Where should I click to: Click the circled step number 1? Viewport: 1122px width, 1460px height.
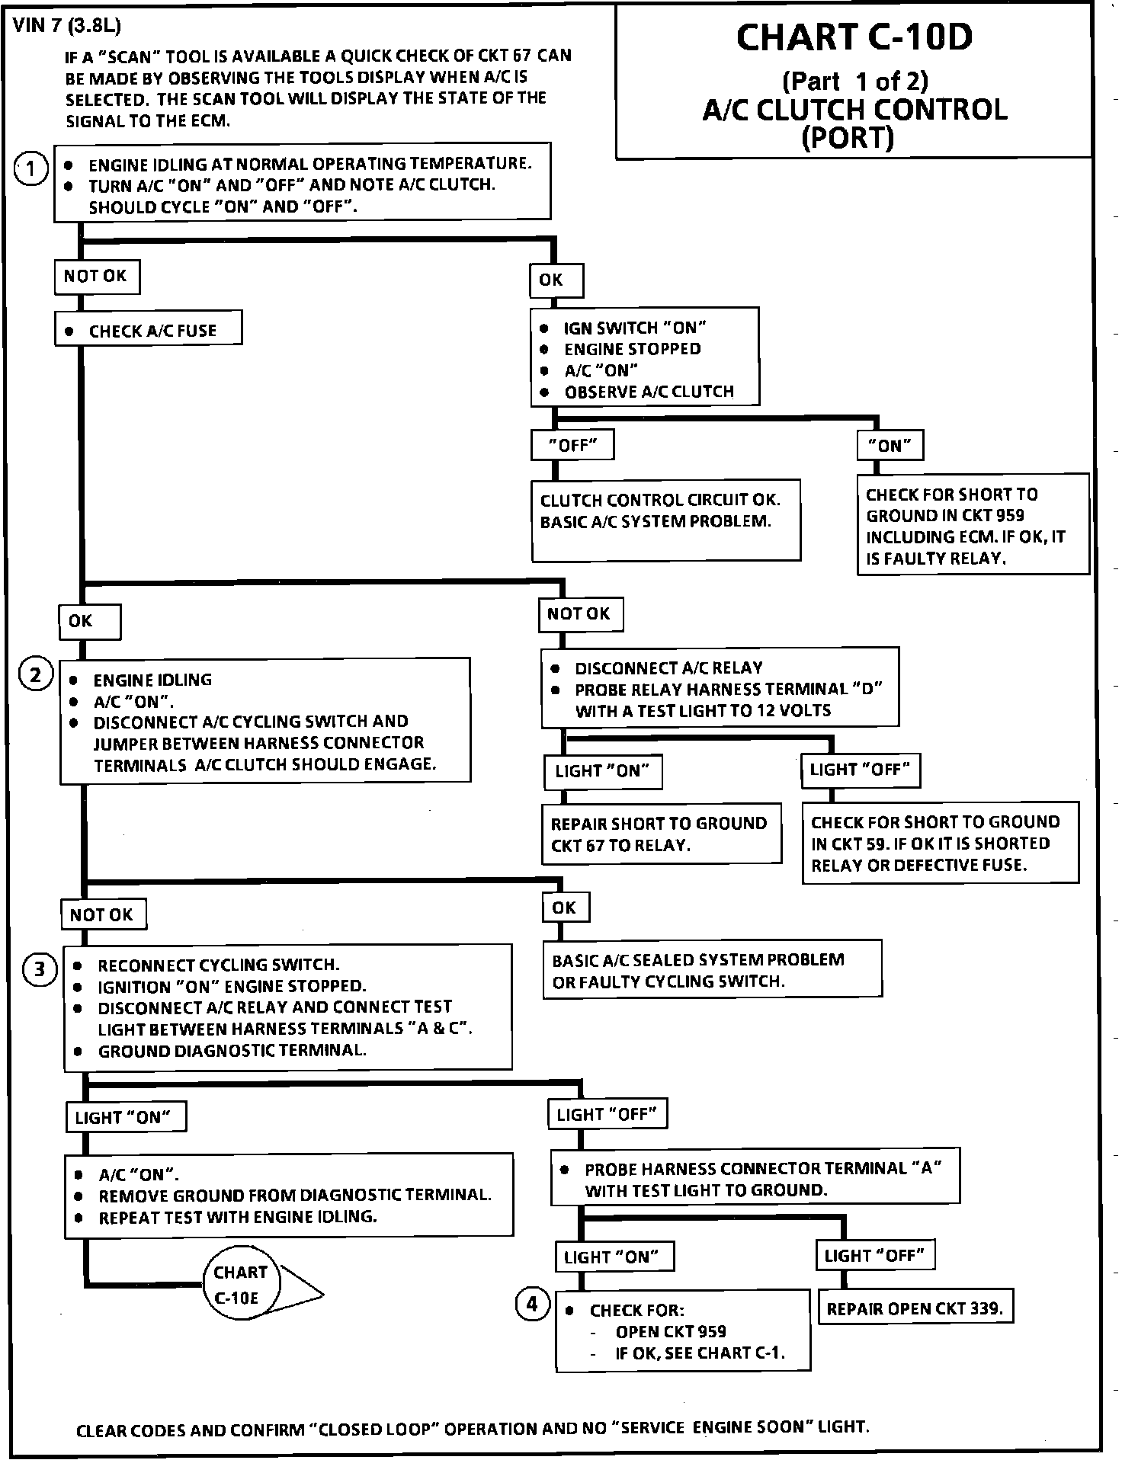point(30,169)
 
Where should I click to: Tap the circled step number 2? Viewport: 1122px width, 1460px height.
point(36,675)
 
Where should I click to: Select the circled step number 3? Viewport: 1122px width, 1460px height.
point(40,969)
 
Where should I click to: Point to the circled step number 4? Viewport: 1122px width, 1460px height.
point(532,1304)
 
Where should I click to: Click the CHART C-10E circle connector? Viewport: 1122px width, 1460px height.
point(242,1285)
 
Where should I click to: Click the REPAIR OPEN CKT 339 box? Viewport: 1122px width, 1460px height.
point(915,1309)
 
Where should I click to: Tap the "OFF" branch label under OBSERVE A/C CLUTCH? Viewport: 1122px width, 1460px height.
point(572,445)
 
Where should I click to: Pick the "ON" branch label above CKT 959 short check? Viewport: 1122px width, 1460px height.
point(890,446)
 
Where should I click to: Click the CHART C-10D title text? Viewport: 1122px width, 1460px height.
point(854,38)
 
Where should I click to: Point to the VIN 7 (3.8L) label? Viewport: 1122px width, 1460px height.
point(67,26)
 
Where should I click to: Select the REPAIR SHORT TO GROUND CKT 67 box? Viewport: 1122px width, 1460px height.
point(660,834)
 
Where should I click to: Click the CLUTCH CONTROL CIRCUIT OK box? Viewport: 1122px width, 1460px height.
point(665,519)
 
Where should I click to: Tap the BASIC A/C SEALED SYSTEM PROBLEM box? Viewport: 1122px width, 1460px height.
point(712,969)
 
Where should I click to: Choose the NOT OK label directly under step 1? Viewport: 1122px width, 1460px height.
point(96,277)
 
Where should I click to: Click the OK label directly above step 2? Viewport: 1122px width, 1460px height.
point(89,621)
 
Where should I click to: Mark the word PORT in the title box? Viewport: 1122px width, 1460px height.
point(848,139)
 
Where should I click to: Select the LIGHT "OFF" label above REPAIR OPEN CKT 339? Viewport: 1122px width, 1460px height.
point(875,1255)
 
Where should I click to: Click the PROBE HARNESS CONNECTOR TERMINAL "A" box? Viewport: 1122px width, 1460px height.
point(755,1179)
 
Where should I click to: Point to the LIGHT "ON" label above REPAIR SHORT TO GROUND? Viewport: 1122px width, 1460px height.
point(602,771)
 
